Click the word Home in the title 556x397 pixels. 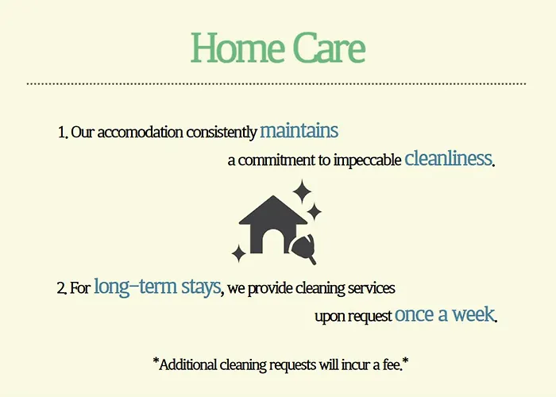pos(237,48)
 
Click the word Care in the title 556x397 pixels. pos(330,48)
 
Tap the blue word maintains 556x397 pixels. pos(299,130)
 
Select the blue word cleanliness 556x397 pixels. pos(448,158)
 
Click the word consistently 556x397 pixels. pos(222,133)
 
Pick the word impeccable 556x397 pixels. pos(367,160)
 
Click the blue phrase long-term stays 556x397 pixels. pos(157,287)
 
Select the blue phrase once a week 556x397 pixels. pos(444,314)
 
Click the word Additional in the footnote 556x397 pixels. pos(188,364)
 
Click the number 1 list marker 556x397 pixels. pos(63,133)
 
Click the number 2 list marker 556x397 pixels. pos(61,287)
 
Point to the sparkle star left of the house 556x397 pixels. pos(238,253)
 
